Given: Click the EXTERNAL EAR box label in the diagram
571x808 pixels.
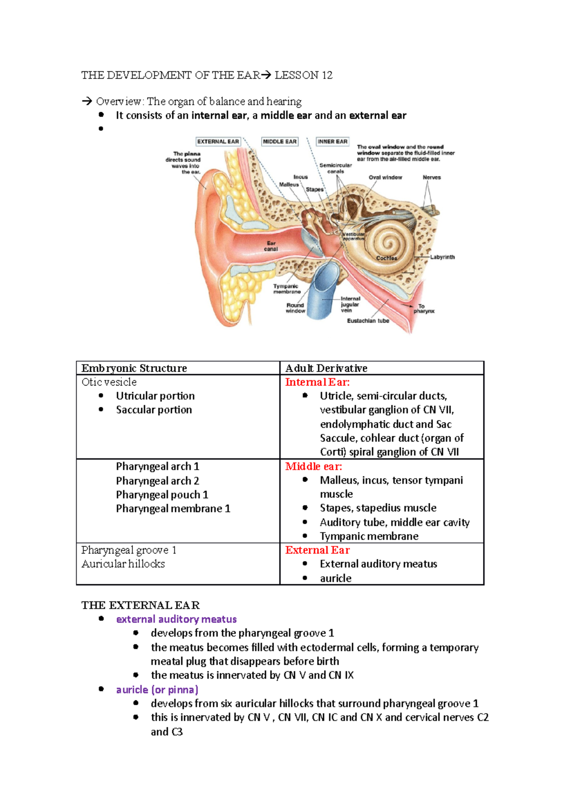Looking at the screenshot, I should pos(218,141).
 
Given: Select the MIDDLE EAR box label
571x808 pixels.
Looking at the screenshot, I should pos(280,141).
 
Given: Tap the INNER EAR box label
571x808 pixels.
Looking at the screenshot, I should pos(333,141).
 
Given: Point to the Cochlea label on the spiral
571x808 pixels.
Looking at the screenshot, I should pos(386,258).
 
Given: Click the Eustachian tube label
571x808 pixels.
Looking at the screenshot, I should pos(368,321).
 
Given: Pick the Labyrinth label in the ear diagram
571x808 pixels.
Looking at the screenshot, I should pos(443,257).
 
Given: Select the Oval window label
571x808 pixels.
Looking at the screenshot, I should pos(385,177).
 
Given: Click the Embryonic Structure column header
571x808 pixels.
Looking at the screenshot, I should pos(134,368).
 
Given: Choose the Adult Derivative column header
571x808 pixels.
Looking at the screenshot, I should pos(326,368).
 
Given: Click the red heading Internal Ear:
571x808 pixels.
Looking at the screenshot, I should pos(317,382).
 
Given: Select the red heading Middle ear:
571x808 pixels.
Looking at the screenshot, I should pos(314,466).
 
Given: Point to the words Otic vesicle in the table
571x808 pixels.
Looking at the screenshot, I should pos(109,382).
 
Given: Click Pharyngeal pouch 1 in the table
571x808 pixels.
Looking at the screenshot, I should pos(162,495).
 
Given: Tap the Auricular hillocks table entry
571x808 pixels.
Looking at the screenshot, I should pos(123,564).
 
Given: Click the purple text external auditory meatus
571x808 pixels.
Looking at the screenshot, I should pos(176,619).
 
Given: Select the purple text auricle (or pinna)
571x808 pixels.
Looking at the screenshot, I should pos(157,690).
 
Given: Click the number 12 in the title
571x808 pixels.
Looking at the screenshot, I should pos(327,75).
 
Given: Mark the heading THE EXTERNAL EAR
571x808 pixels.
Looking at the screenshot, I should pos(140,605).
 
